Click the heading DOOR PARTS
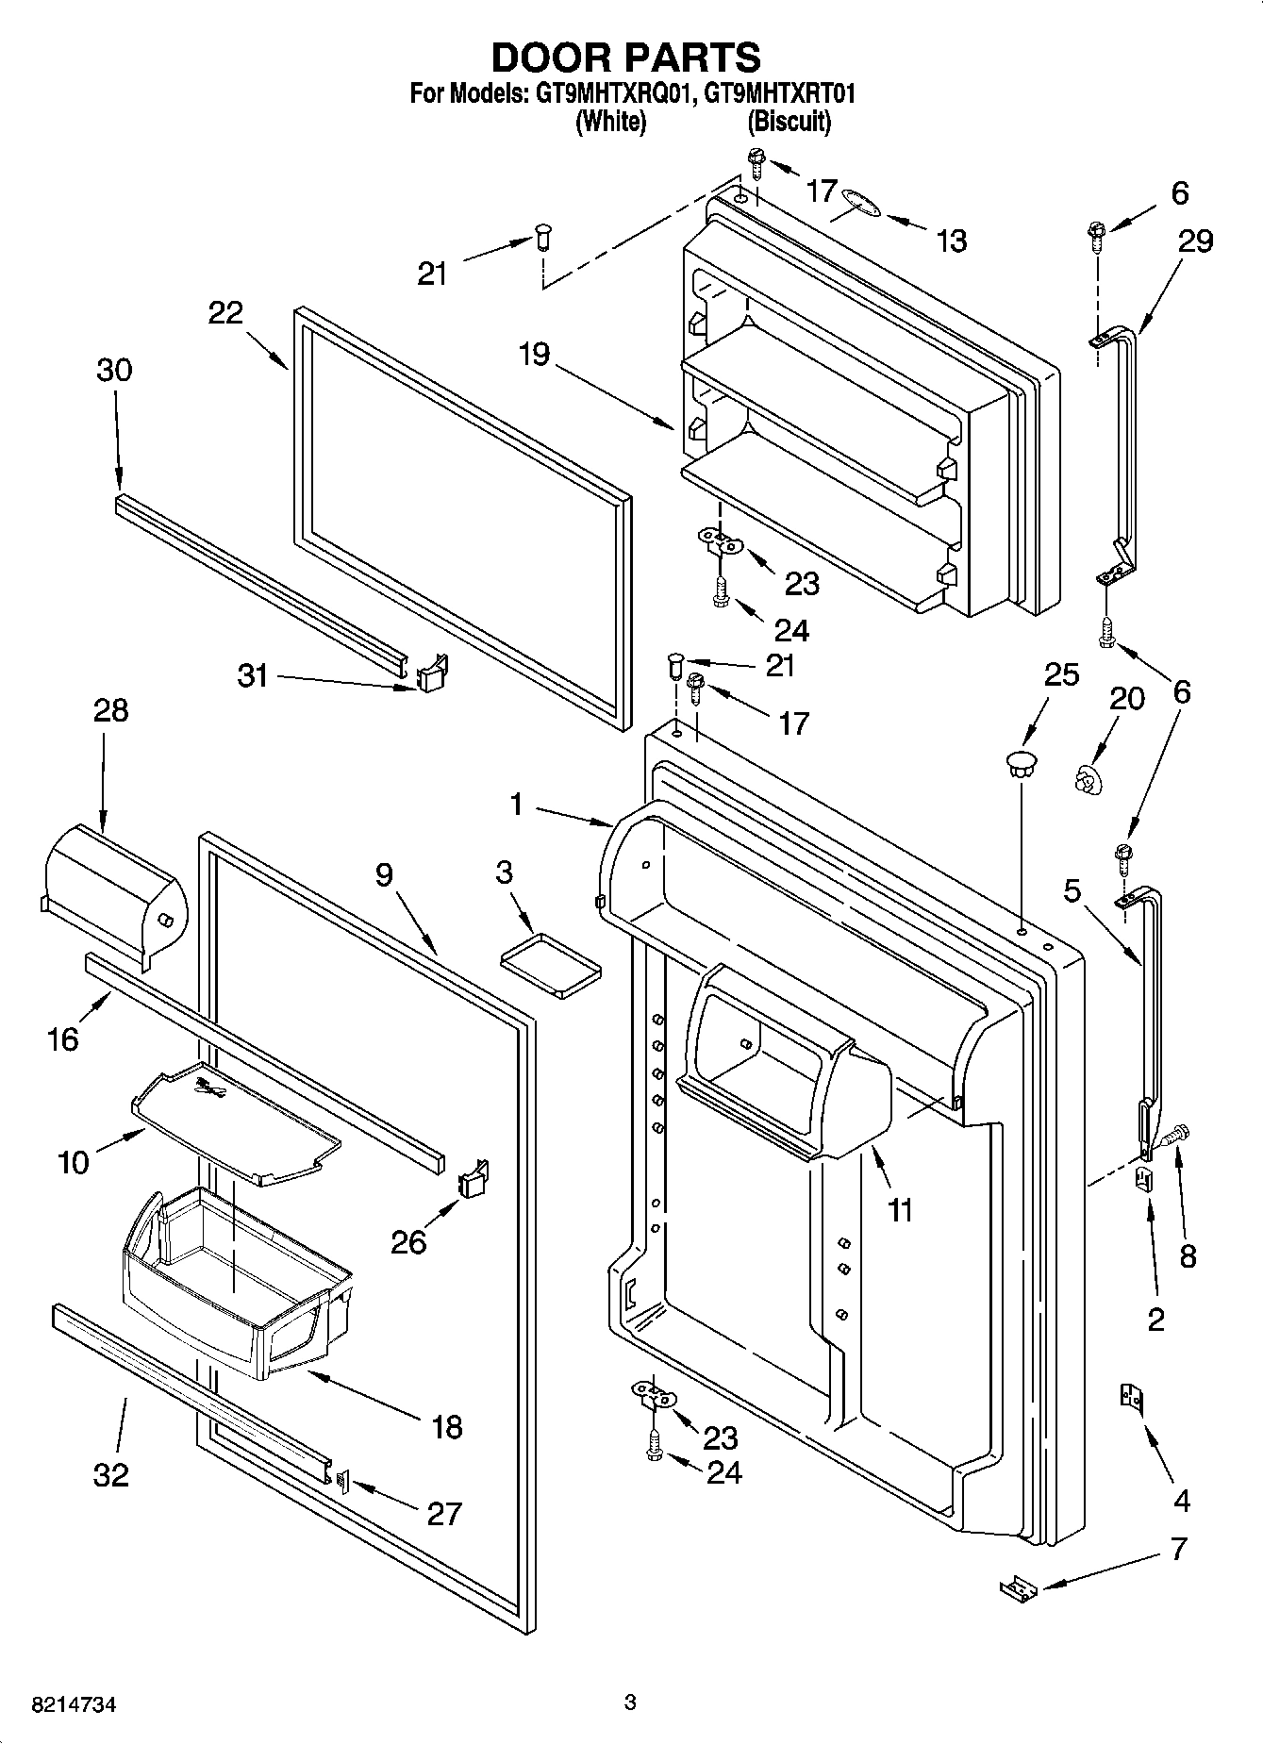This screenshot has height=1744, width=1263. pos(625,58)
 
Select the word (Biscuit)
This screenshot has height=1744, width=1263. pos(789,122)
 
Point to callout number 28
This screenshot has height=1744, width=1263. pos(111,710)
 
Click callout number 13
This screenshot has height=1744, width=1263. pos(952,241)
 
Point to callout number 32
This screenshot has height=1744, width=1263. pos(111,1473)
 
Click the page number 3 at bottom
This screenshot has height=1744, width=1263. pos(630,1702)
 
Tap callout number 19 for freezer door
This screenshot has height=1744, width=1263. pos(534,356)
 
